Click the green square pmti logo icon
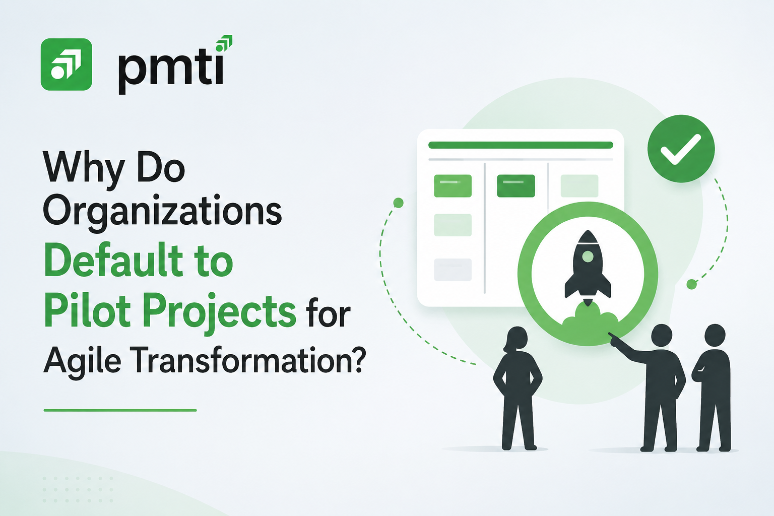click(x=67, y=64)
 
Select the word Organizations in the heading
click(x=162, y=211)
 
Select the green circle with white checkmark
click(x=681, y=149)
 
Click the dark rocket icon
click(x=588, y=268)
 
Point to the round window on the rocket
click(x=588, y=256)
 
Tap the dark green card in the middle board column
click(x=516, y=186)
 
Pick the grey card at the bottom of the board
click(x=453, y=270)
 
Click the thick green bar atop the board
click(x=521, y=145)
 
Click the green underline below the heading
click(x=120, y=410)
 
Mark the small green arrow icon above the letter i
click(x=224, y=43)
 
